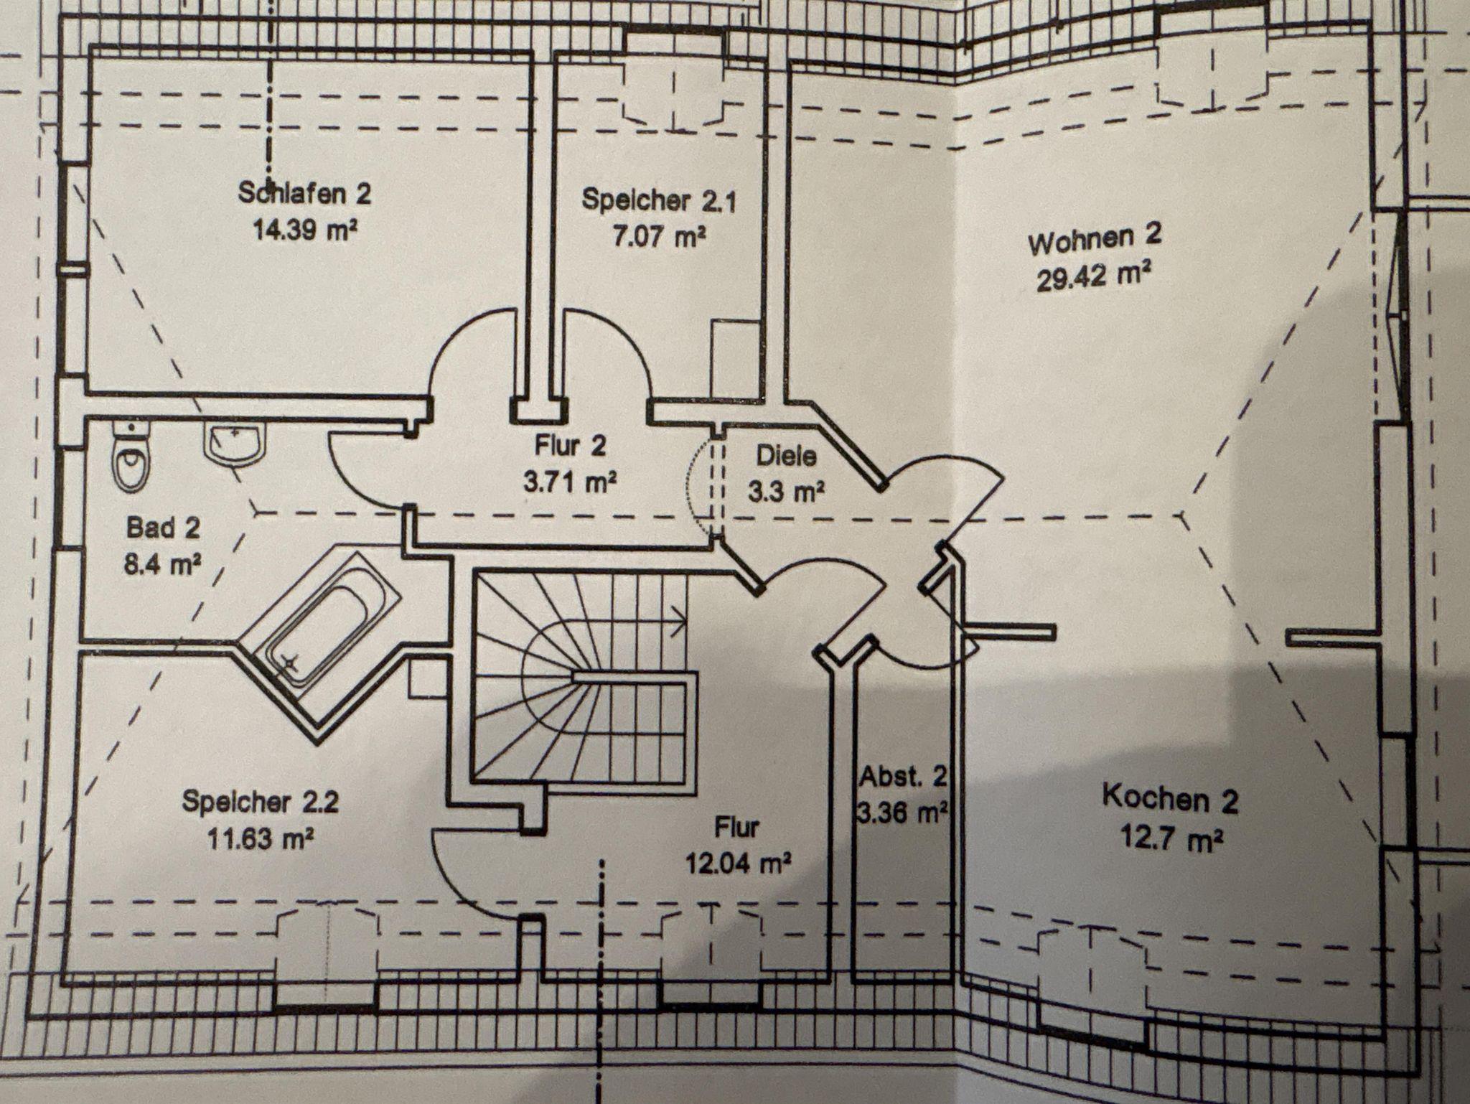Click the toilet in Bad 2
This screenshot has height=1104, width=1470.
coord(131,459)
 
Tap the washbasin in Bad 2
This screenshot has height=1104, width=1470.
coord(235,442)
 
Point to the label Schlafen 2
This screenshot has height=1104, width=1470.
coord(304,193)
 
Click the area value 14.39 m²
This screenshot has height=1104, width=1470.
coord(304,231)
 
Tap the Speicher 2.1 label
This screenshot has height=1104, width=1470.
coord(658,200)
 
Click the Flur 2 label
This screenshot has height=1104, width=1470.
coord(570,446)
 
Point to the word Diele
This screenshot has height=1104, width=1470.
coord(786,455)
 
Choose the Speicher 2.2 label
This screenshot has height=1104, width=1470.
coord(260,801)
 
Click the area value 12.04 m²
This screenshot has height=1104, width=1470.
coord(737,864)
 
